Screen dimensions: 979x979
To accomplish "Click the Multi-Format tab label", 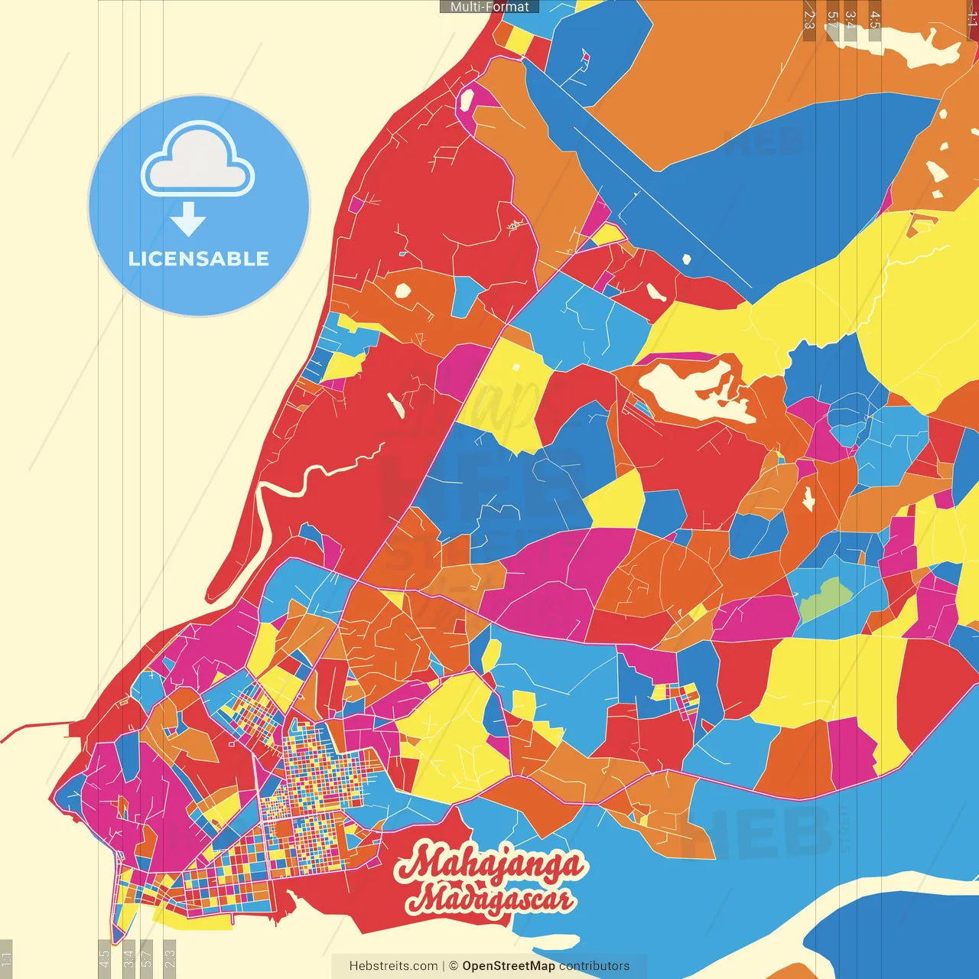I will (x=489, y=7).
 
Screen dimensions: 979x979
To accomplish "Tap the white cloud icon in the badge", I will (x=198, y=161).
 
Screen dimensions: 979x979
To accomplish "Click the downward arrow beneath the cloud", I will (x=188, y=220).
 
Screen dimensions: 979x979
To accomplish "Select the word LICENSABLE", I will (x=199, y=259).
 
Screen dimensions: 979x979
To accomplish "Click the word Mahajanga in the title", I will (x=489, y=864).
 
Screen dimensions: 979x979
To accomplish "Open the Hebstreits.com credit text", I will (x=393, y=966).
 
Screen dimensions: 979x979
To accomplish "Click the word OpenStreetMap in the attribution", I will (x=508, y=966).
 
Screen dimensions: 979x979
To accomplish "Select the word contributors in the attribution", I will (x=594, y=966).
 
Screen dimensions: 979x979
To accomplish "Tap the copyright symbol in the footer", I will (x=453, y=966).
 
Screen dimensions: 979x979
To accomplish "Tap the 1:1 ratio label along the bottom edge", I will (x=7, y=958).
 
